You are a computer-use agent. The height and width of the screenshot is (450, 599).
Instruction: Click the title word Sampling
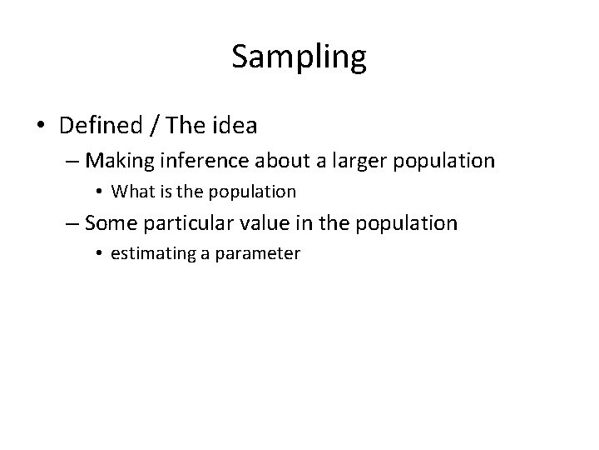click(x=299, y=57)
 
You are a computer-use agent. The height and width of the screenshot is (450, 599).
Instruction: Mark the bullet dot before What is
click(x=101, y=192)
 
